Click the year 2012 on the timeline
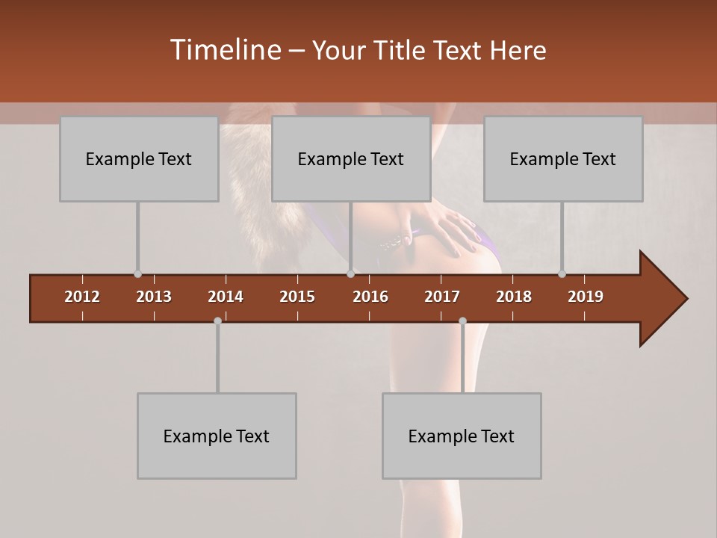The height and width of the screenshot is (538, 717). pos(82,297)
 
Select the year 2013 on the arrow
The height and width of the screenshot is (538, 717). pos(154,297)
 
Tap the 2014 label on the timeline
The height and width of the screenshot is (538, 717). pos(226,297)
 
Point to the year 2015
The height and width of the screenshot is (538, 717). pos(297,297)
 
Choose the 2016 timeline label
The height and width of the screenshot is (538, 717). pos(370,297)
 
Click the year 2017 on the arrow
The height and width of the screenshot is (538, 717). pos(442,297)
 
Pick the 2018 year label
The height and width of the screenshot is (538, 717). pos(514,297)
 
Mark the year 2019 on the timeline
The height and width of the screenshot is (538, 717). pos(586,297)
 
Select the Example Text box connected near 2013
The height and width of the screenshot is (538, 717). pos(139,159)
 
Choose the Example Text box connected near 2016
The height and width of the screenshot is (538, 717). pos(351,159)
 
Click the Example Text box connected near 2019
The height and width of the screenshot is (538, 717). pos(563,159)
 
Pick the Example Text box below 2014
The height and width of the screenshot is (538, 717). pos(217,436)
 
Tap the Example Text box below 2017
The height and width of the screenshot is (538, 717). pos(462,436)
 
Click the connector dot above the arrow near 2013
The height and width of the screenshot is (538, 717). pos(137,274)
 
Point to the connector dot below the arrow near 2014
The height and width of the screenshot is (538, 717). pos(217,321)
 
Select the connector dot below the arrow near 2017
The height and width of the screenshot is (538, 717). pos(462,321)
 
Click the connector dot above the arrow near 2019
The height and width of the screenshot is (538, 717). pos(562,274)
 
